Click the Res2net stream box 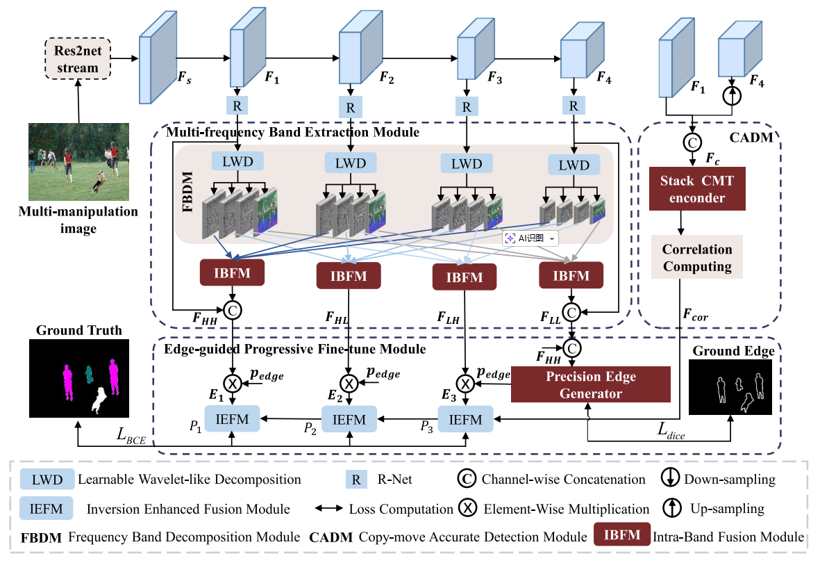tap(77, 60)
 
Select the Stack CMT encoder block tap(697, 189)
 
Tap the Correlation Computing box tap(697, 257)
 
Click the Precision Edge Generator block tap(591, 384)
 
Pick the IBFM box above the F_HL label tap(349, 276)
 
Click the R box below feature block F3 tap(467, 107)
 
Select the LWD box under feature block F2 tap(349, 162)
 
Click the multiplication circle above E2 tap(349, 382)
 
